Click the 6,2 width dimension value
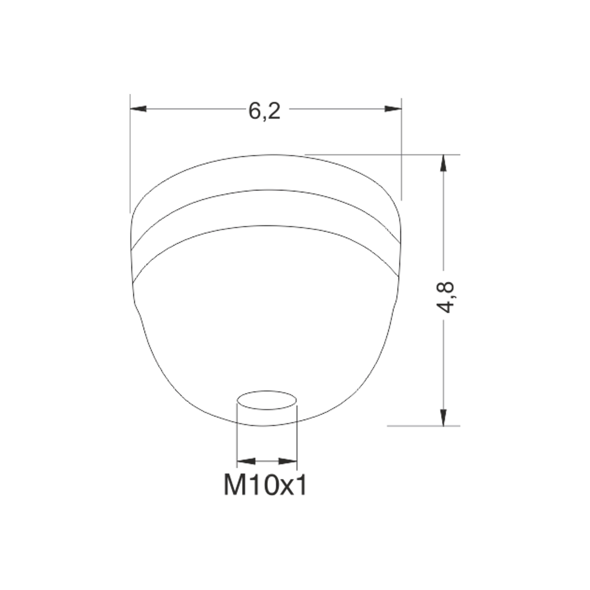pyautogui.click(x=264, y=111)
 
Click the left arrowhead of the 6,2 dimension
pyautogui.click(x=138, y=109)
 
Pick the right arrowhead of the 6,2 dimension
pyautogui.click(x=393, y=109)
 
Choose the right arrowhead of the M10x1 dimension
pyautogui.click(x=288, y=461)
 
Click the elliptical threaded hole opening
pyautogui.click(x=266, y=401)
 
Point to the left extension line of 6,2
pyautogui.click(x=130, y=152)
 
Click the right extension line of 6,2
pyautogui.click(x=401, y=147)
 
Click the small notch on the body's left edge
pyautogui.click(x=136, y=307)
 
